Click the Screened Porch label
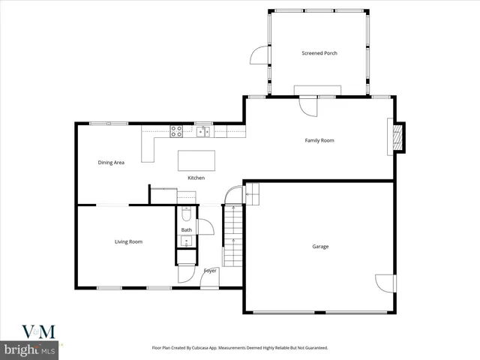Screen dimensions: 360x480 [319, 53]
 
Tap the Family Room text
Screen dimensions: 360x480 [319, 140]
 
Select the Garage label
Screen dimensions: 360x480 [320, 247]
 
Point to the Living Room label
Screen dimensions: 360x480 [128, 241]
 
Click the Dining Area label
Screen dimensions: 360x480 [111, 162]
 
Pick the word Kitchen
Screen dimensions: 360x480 [196, 178]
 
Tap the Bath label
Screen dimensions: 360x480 [186, 230]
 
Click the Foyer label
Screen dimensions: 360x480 [210, 271]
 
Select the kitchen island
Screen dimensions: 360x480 [196, 160]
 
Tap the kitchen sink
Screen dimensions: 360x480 [202, 132]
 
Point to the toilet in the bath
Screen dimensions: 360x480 [186, 214]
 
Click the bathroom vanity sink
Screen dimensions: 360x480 [186, 241]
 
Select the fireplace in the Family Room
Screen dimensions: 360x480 [398, 137]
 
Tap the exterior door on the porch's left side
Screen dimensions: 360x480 [259, 55]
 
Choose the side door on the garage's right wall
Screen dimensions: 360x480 [385, 283]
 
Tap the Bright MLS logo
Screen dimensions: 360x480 [30, 350]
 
